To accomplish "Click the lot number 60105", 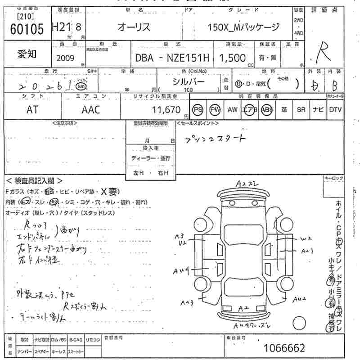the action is pyautogui.click(x=27, y=29).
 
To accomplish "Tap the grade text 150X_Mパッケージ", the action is pyautogui.click(x=243, y=27).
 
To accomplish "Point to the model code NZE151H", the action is pyautogui.click(x=189, y=58).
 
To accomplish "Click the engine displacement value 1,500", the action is pyautogui.click(x=233, y=58).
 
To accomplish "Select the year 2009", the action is pyautogui.click(x=66, y=58).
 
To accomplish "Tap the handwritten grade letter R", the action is pyautogui.click(x=321, y=54).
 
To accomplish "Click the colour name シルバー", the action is pyautogui.click(x=189, y=81).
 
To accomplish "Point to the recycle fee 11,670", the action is pyautogui.click(x=166, y=109).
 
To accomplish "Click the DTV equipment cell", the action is pyautogui.click(x=335, y=109).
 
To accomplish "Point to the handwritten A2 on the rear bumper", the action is pyautogui.click(x=243, y=308).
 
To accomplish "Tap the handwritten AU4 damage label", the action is pyautogui.click(x=181, y=270).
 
